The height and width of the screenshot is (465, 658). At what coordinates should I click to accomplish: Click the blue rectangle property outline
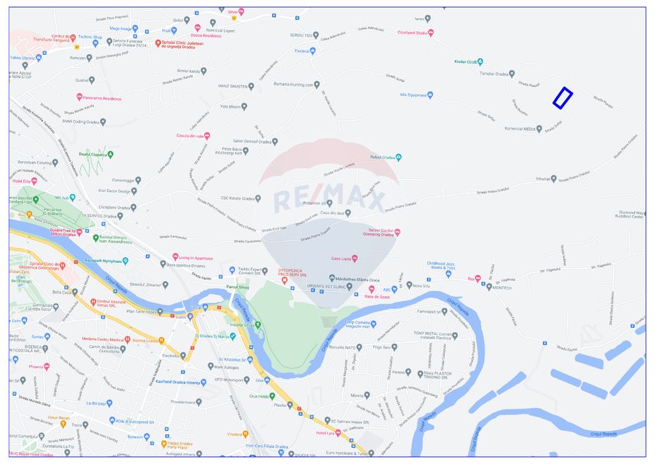[x=563, y=97]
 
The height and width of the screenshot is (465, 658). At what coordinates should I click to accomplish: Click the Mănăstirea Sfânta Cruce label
[x=359, y=279]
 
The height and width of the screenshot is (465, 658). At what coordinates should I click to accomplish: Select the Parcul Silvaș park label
[x=236, y=287]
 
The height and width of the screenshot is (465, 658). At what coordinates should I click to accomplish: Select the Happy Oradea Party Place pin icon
[x=164, y=444]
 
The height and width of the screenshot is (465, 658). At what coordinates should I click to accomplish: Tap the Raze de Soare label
[x=377, y=297]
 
